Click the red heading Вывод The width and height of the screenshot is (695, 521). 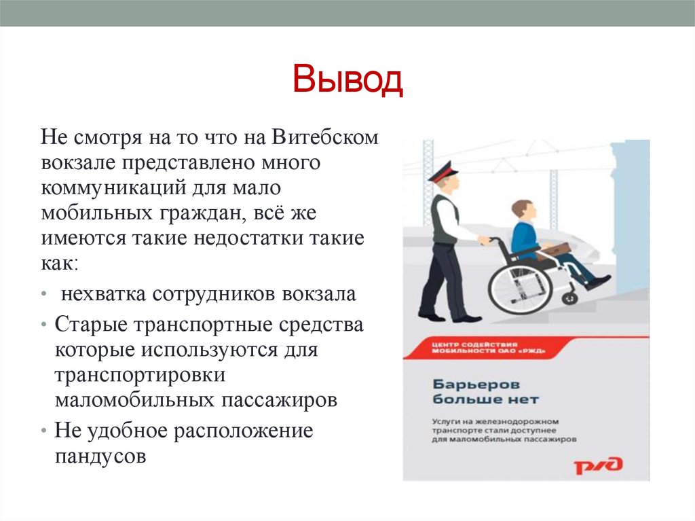[x=347, y=81]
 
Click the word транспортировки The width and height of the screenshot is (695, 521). [x=140, y=376]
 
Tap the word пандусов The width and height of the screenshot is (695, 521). [x=100, y=455]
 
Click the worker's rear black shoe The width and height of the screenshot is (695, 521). [x=431, y=315]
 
